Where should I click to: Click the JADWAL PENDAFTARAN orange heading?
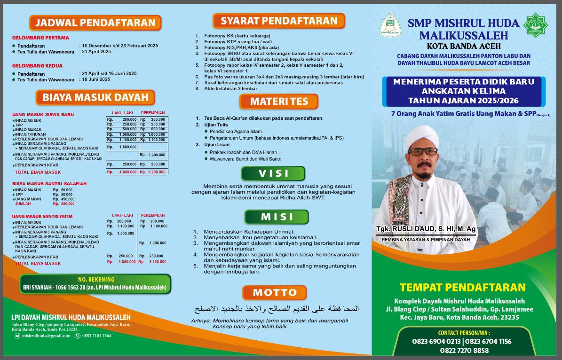pyautogui.click(x=95, y=23)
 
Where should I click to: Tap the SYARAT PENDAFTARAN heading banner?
pyautogui.click(x=279, y=21)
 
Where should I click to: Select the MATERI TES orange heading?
pyautogui.click(x=279, y=102)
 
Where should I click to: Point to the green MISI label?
pyautogui.click(x=277, y=217)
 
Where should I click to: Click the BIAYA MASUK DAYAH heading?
pyautogui.click(x=95, y=98)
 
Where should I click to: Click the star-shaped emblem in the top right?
pyautogui.click(x=536, y=25)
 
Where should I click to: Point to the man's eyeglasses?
pyautogui.click(x=423, y=151)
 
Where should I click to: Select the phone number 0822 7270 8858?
pyautogui.click(x=464, y=351)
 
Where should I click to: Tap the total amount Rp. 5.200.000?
pyautogui.click(x=152, y=172)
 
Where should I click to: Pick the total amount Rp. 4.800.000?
pyautogui.click(x=122, y=172)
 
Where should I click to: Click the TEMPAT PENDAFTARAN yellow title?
pyautogui.click(x=462, y=287)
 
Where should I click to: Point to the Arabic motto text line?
pyautogui.click(x=277, y=309)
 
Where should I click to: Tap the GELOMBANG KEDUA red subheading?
pyautogui.click(x=37, y=66)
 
